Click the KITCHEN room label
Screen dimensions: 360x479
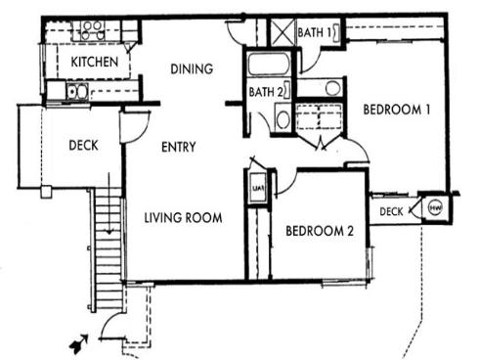click(94, 63)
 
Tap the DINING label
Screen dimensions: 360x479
click(192, 68)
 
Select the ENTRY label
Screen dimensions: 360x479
click(178, 147)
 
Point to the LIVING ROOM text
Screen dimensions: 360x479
click(183, 217)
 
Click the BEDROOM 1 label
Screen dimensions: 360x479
click(397, 111)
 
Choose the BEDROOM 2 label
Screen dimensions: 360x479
click(319, 232)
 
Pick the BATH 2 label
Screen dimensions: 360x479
click(266, 94)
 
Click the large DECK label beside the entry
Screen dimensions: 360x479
click(83, 147)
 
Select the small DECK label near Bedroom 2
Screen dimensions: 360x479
click(391, 211)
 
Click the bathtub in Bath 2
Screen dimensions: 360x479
click(266, 66)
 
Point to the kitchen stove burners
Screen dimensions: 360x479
click(94, 29)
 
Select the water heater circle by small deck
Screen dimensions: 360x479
click(431, 208)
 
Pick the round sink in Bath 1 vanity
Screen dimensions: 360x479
click(332, 88)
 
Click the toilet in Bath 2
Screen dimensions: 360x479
click(282, 119)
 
